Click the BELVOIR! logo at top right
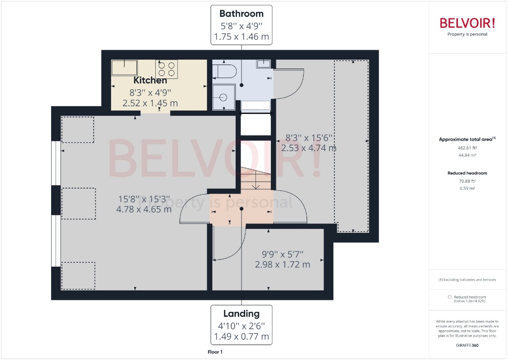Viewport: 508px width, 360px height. [467, 23]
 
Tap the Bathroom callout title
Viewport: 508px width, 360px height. [242, 13]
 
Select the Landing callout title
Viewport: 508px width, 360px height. [241, 313]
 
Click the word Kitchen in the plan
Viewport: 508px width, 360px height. [150, 80]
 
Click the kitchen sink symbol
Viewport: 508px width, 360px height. [124, 67]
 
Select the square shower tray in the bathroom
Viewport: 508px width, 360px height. [223, 96]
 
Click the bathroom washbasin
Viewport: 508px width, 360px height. [264, 63]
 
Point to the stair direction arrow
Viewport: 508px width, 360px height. [255, 184]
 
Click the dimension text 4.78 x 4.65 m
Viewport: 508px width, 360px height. [144, 209]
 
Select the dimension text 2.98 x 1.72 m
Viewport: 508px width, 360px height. [282, 265]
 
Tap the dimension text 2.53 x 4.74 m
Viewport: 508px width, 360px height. [309, 148]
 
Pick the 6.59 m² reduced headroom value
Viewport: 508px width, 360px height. [467, 189]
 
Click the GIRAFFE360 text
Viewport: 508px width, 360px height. [467, 345]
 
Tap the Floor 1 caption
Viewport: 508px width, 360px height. [215, 352]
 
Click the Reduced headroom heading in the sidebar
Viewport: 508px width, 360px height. [467, 173]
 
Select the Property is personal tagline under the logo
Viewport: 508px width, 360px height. [467, 34]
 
